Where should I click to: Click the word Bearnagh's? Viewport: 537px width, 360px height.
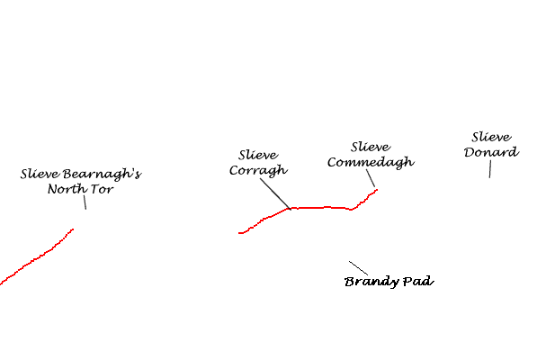point(102,174)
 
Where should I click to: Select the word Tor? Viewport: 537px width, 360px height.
point(102,189)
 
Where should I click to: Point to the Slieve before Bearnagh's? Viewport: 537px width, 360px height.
point(40,174)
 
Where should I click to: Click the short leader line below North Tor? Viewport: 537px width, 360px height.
point(85,202)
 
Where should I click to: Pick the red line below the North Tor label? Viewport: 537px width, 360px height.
point(36,256)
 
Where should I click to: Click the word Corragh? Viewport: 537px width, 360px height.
point(258,171)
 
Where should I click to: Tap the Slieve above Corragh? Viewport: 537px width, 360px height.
point(258,155)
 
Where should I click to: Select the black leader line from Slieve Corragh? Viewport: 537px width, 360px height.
point(275,193)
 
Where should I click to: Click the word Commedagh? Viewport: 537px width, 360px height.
point(371,162)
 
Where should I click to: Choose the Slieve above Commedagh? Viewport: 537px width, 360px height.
point(371,147)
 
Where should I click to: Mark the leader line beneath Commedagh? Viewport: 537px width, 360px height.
point(371,178)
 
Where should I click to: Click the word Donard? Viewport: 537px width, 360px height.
point(491,152)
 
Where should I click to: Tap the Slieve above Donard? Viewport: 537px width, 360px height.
point(491,137)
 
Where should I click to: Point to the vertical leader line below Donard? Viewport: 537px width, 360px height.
point(490,169)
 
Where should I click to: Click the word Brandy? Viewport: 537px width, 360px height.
point(371,282)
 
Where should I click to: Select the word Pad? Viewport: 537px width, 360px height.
point(418,281)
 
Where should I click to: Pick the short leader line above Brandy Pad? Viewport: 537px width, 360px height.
point(359,268)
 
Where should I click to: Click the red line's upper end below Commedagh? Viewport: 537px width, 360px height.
point(377,189)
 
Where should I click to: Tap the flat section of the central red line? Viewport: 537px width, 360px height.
point(321,208)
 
